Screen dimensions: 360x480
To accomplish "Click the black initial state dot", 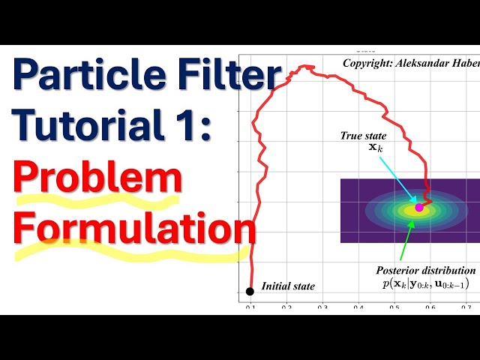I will [x=250, y=291].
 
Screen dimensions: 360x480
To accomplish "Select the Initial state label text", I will [x=288, y=286].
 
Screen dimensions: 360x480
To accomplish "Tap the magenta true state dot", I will [x=419, y=208].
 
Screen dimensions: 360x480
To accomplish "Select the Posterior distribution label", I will [x=427, y=270].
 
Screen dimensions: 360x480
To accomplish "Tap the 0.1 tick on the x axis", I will [x=250, y=307].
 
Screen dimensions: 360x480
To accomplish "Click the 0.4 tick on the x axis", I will [x=358, y=307].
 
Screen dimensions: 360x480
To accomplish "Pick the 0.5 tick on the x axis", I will [x=394, y=307].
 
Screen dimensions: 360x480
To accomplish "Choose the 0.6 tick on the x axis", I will [x=430, y=307].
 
